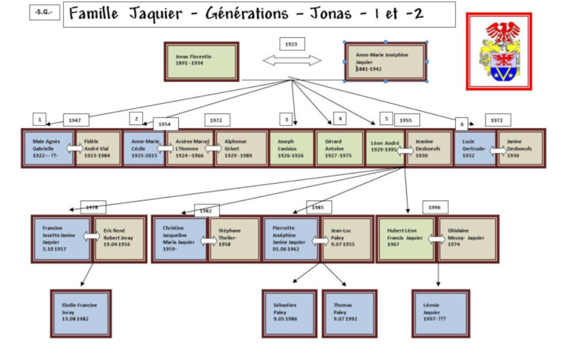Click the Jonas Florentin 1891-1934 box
click(x=201, y=62)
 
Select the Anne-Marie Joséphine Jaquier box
click(x=386, y=62)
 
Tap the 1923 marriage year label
click(x=292, y=44)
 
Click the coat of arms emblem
click(x=498, y=52)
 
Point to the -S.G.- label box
click(x=44, y=12)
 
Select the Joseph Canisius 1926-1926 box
click(x=291, y=149)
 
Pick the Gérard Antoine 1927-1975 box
click(x=338, y=149)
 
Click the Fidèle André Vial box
click(x=99, y=149)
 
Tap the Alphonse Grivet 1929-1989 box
click(x=240, y=149)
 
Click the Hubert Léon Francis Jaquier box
click(x=406, y=238)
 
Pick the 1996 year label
click(x=434, y=207)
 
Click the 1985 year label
click(x=318, y=207)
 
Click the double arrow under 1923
click(x=292, y=60)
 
